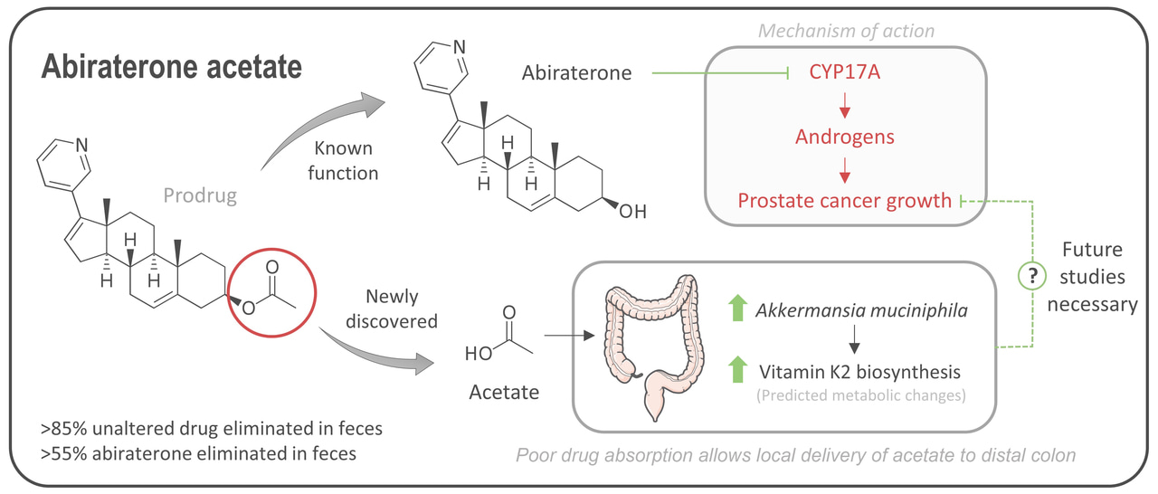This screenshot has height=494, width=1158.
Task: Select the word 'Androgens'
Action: (845, 137)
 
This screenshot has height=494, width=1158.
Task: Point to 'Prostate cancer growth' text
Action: (845, 200)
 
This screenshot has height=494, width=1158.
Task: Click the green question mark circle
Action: (1031, 275)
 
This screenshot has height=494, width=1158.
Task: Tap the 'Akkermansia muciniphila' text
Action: (862, 311)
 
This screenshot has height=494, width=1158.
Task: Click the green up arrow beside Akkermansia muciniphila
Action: (738, 309)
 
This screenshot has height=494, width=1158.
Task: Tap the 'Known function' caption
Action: (345, 159)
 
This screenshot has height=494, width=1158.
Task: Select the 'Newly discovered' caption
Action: (402, 309)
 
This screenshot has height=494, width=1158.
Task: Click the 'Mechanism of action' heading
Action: (846, 32)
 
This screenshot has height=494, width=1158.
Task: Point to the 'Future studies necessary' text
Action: (1092, 277)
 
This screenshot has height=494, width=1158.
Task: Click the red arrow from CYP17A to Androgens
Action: (845, 105)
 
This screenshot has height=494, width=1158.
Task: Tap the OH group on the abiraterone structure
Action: (633, 213)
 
